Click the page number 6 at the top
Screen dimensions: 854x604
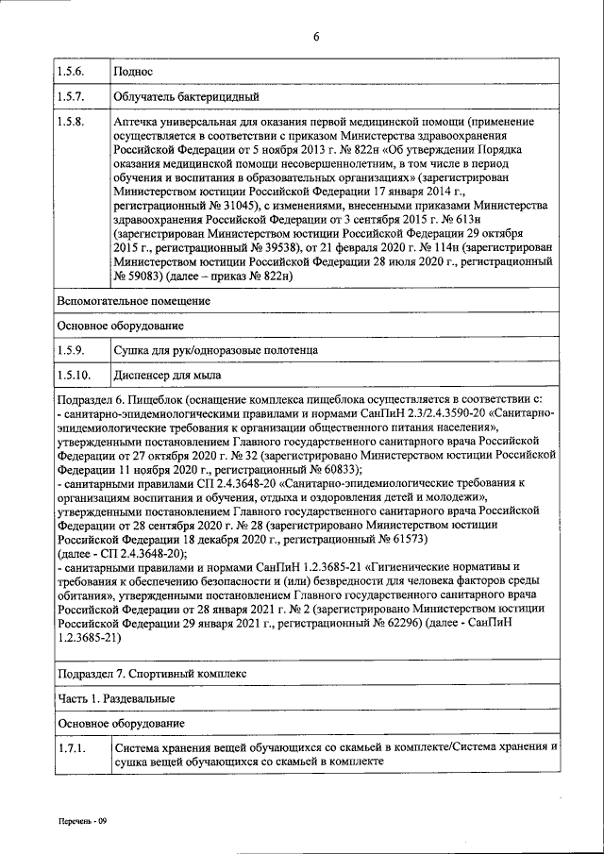316,36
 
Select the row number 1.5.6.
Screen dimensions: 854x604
70,71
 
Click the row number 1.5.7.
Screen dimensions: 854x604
70,96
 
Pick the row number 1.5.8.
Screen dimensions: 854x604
70,123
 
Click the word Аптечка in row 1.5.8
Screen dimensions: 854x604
137,123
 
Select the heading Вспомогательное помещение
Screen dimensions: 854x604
132,301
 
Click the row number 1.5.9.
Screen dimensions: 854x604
70,350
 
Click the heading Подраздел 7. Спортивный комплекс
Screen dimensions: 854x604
151,675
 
